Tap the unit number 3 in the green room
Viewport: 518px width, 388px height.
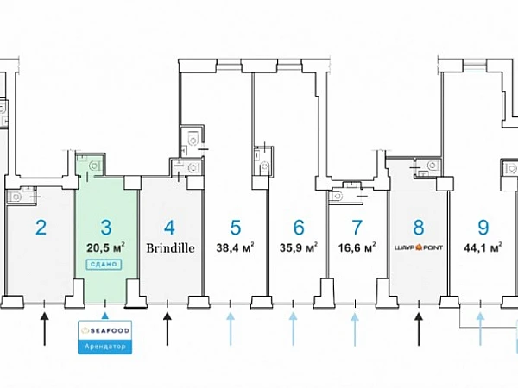tap(105, 228)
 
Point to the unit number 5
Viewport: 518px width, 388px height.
tap(235, 228)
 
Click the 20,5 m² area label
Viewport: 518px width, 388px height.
tap(105, 247)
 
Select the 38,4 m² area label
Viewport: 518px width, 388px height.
tap(235, 248)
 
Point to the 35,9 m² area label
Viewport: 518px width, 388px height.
tap(299, 248)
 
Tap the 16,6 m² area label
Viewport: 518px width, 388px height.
tap(357, 248)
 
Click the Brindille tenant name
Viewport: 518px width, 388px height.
tap(169, 248)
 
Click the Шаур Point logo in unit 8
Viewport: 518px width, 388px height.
tap(419, 248)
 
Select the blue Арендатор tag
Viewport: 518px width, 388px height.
tap(106, 346)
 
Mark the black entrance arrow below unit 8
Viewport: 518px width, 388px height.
tap(419, 327)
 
